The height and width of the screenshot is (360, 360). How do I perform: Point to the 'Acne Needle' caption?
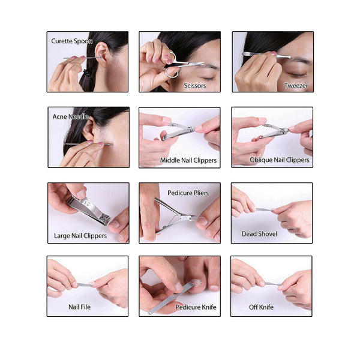[x=71, y=116]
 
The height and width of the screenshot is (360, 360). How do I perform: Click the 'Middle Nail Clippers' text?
[x=188, y=160]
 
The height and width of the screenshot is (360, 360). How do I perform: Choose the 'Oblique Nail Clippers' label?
[x=280, y=160]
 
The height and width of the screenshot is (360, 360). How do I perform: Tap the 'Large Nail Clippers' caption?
[x=79, y=236]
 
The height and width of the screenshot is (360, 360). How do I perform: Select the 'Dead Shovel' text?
[x=259, y=233]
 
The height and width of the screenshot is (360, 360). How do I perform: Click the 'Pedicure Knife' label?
[x=196, y=307]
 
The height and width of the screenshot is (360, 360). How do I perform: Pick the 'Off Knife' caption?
[x=261, y=307]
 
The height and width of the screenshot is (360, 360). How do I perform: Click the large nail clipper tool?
[x=88, y=210]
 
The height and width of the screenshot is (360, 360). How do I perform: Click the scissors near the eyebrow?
[x=180, y=64]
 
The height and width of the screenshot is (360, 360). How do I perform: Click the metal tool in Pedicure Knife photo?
[x=168, y=299]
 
